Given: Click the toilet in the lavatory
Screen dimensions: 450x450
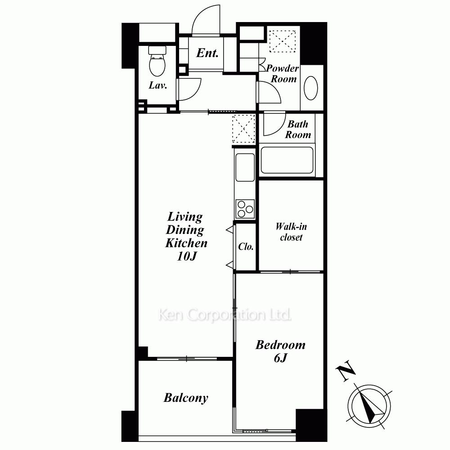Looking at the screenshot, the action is point(157,61).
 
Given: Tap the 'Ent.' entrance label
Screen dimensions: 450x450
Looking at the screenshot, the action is point(207,53).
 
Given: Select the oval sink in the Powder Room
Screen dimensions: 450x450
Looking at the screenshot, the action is point(310,88).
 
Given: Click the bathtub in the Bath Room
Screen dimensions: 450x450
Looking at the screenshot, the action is point(287,160).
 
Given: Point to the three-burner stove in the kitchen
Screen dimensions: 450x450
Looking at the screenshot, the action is point(245,209).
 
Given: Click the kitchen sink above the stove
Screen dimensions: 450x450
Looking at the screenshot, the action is point(245,167).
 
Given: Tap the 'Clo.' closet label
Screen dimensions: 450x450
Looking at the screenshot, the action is point(246,247).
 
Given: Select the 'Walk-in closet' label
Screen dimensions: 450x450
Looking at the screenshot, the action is point(291,232).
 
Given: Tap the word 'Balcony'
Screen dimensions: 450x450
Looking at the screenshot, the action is point(186,398).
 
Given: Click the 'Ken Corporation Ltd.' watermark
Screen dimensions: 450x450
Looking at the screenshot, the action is point(225,315).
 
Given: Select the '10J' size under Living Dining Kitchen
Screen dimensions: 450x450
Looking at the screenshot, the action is point(187,256).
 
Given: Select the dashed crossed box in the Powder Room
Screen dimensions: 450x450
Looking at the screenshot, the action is point(283,41).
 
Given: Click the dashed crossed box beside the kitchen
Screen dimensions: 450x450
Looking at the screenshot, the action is point(243,129).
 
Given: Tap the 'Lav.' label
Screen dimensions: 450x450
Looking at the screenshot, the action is point(158,85).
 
